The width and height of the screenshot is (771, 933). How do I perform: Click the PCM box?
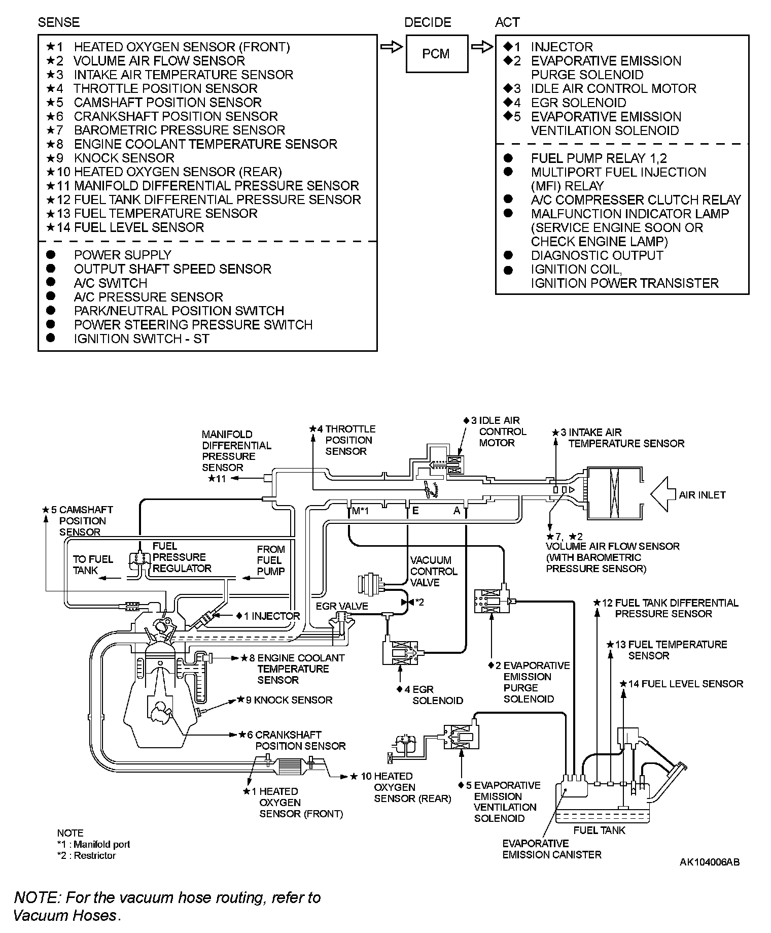point(436,54)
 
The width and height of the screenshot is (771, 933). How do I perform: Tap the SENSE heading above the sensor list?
point(58,22)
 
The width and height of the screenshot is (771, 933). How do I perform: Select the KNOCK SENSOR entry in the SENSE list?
point(124,158)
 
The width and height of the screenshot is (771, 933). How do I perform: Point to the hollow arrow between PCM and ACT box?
point(481,47)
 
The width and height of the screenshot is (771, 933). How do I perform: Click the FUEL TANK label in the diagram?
point(599,830)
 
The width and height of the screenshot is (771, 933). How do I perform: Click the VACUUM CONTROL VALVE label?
point(434,571)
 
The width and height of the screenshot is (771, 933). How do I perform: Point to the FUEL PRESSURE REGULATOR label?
point(181,557)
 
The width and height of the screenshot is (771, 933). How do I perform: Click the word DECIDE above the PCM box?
point(428,22)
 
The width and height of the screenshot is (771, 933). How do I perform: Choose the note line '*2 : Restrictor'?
point(86,855)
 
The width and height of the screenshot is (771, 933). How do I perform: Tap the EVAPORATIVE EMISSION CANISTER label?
point(551,849)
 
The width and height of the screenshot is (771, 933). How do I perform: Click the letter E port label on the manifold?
point(415,511)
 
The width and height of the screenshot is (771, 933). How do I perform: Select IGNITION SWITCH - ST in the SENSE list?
point(141,339)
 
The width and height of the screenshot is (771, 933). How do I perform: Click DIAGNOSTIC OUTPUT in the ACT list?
point(597,255)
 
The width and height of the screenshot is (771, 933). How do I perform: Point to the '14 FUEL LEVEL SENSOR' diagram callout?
point(685,684)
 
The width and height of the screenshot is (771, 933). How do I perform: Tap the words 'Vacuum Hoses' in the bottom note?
point(65,915)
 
